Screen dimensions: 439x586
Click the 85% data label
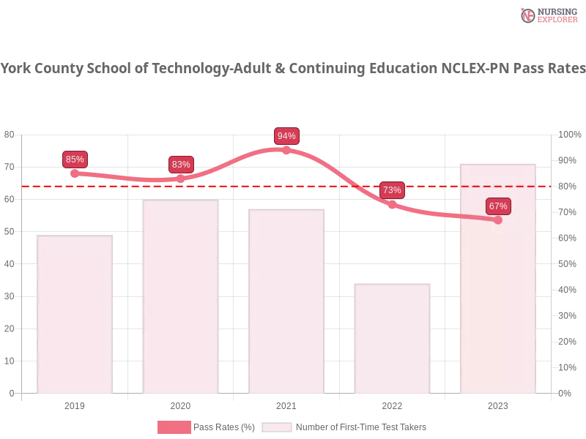click(75, 160)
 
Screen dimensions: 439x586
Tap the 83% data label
click(181, 165)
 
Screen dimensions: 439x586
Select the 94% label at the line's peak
click(286, 136)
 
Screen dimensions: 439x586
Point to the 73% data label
click(392, 190)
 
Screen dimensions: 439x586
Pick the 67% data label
click(498, 206)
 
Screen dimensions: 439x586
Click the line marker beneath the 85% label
click(75, 174)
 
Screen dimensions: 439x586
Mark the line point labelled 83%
click(181, 179)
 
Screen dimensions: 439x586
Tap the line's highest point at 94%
click(286, 150)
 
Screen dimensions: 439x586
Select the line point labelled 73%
click(392, 205)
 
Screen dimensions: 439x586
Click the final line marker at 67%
click(498, 219)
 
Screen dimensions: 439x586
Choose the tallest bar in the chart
click(498, 278)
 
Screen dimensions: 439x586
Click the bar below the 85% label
click(76, 315)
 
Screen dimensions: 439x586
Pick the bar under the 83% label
click(181, 297)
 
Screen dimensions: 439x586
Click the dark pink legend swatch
click(174, 427)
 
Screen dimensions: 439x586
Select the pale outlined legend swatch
click(277, 427)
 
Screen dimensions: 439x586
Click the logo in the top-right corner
click(548, 15)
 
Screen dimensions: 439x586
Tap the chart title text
click(293, 69)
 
